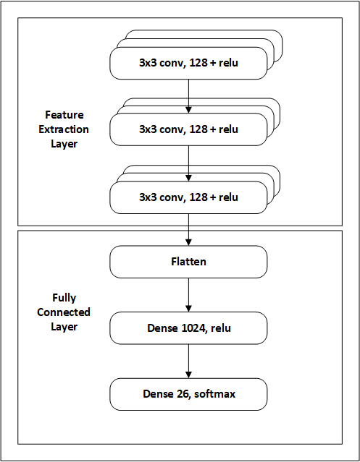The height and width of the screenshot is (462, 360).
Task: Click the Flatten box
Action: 188,262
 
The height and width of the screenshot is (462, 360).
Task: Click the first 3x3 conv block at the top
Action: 188,64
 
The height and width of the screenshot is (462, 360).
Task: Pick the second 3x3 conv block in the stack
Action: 188,130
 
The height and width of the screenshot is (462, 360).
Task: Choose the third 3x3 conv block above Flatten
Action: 188,197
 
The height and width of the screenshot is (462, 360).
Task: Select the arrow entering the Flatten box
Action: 188,231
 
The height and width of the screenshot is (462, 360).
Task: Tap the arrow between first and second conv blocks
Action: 188,95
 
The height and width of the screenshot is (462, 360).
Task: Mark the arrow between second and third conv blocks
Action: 188,163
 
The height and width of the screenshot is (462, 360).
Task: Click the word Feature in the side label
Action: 65,115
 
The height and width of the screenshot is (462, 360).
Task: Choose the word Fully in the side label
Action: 65,298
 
